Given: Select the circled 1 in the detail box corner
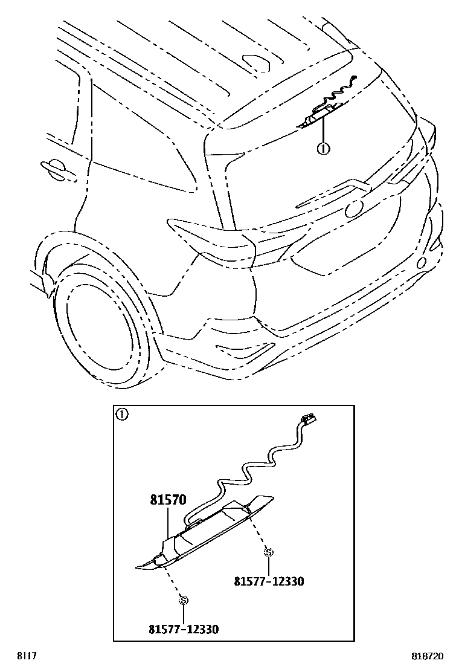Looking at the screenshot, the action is click(121, 415).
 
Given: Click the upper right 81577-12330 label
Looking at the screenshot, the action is click(269, 581).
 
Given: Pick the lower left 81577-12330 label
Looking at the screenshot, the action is click(184, 629).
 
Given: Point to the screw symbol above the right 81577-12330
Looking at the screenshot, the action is click(269, 552).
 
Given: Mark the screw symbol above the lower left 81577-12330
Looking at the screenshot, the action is click(184, 599).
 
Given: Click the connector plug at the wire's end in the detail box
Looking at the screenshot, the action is click(309, 419).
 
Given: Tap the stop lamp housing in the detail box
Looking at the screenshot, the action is click(205, 538).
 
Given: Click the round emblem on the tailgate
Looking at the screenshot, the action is click(354, 209).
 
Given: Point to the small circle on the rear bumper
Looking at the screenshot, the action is click(422, 262).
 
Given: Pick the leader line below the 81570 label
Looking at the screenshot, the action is click(168, 521).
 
